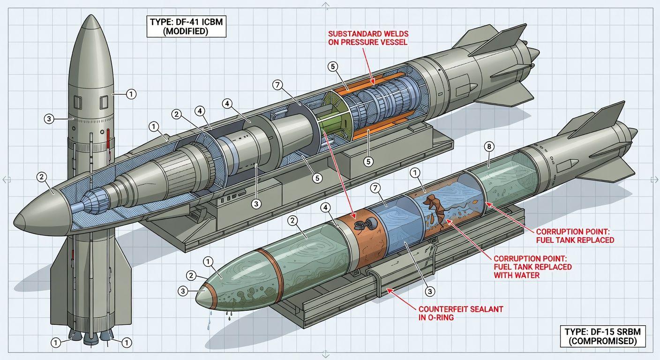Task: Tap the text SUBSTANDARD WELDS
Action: click(x=368, y=34)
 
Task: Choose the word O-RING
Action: click(x=439, y=318)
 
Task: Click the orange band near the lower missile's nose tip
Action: click(x=210, y=292)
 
